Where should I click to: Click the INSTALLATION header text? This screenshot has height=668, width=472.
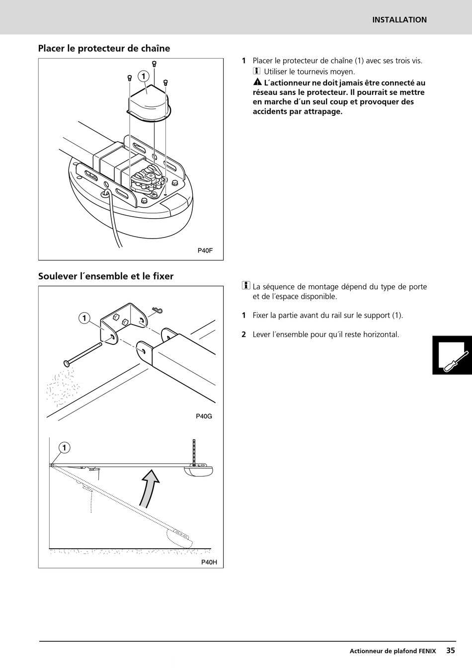(399, 20)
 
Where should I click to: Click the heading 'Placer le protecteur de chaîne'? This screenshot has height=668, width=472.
(104, 48)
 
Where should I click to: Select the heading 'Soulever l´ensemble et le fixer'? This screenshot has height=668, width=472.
(106, 276)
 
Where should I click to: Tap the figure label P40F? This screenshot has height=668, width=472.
(205, 250)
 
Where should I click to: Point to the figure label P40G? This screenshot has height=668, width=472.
(204, 416)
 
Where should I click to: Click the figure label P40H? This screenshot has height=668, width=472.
(209, 562)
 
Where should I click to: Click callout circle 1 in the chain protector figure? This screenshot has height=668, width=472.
(144, 76)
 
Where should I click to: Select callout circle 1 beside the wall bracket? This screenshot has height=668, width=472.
(84, 318)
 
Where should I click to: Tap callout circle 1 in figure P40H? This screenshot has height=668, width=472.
(64, 448)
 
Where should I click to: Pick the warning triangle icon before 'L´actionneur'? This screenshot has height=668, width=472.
(257, 83)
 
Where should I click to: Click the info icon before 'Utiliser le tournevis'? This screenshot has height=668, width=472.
(257, 72)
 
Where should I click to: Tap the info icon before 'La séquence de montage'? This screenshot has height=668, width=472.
(246, 286)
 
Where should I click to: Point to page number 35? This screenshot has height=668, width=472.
(450, 650)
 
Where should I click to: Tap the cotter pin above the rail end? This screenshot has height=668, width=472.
(157, 311)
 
